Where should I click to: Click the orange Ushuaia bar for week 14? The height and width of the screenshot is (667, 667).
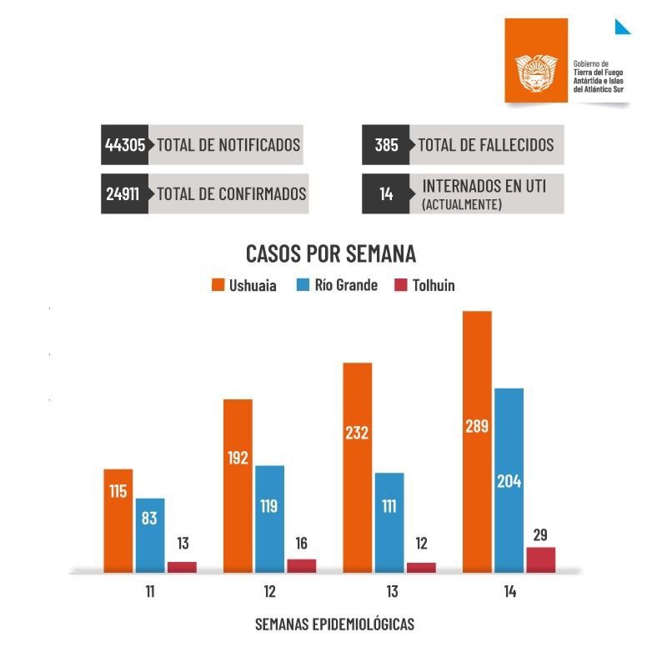coord(477,442)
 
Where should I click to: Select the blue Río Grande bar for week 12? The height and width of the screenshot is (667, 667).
coord(269,519)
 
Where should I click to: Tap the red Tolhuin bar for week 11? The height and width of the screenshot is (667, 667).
coord(182,567)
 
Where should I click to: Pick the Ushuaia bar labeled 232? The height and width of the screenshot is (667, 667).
coord(357,467)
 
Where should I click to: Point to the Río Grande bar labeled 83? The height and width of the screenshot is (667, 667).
coord(150,535)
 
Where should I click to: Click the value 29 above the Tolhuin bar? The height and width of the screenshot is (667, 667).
coord(540,535)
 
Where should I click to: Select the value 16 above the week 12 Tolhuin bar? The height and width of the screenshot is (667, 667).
coord(302,544)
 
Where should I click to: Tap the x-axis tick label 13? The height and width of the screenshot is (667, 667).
coord(391,592)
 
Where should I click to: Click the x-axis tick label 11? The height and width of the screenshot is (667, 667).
coord(150,592)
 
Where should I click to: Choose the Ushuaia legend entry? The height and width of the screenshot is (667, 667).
coord(244,285)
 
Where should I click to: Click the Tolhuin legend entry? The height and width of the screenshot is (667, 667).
coord(424,285)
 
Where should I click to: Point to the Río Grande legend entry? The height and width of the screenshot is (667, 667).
coord(337,285)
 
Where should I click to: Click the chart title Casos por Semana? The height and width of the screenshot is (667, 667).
coord(331,253)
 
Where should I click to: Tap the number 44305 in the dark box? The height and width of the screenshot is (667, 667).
coord(125,145)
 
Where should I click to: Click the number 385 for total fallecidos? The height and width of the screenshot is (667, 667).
coord(386,145)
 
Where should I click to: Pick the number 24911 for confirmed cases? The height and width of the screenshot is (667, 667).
coord(125,194)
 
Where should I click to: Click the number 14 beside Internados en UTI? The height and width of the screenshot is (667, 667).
coord(386,194)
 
